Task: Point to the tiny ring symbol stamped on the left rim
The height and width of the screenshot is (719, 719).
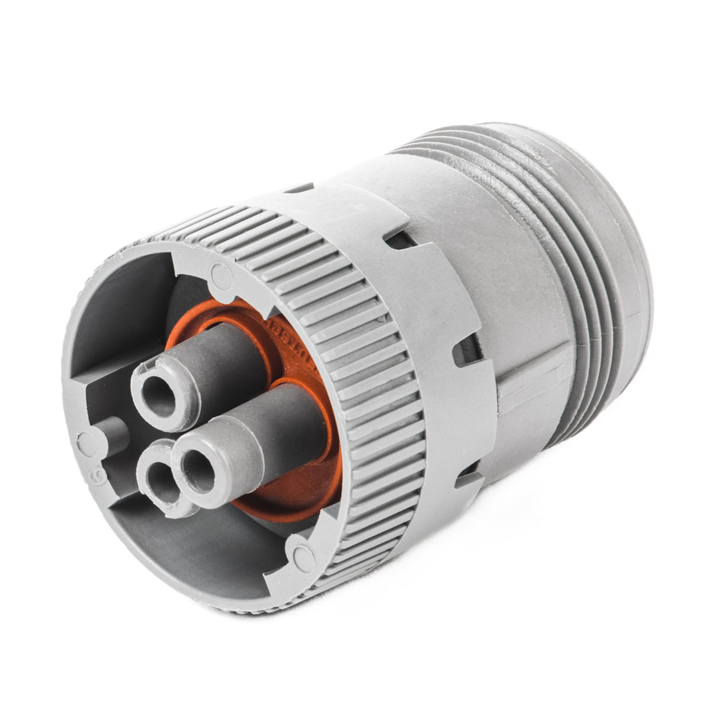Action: (x=94, y=477)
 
